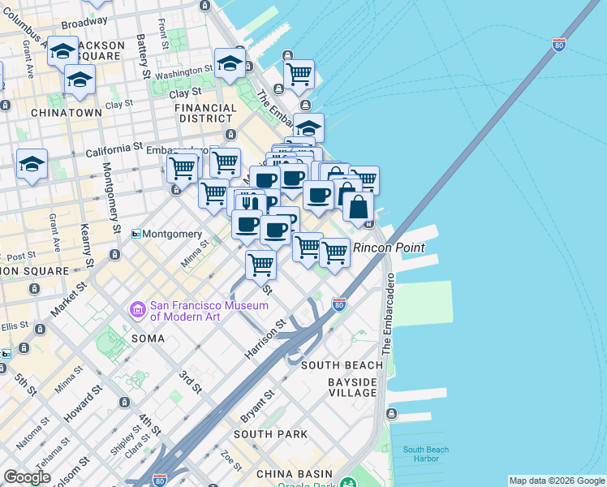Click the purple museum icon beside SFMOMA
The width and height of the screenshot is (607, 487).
(137, 309)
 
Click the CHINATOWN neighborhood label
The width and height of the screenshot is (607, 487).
(67, 113)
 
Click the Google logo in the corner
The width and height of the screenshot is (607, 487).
(27, 477)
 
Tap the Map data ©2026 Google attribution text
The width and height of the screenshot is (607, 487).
(556, 481)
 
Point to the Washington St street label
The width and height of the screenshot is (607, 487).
(183, 74)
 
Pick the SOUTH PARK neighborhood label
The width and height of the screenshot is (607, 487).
(271, 434)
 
